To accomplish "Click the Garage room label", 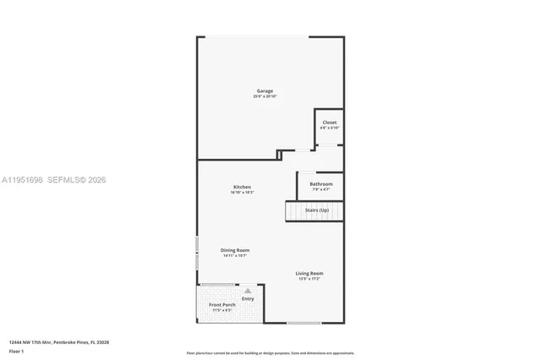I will (x=265, y=90).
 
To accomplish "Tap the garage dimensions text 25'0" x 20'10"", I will (x=265, y=96).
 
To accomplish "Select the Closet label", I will (x=330, y=123).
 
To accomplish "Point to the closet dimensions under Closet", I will (x=330, y=128).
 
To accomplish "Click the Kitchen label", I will (x=243, y=187).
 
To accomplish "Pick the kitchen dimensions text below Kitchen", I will (x=243, y=193).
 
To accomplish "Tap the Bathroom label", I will (x=321, y=183).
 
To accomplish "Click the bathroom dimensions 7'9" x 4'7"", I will (x=321, y=189).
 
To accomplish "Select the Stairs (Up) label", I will (x=318, y=210).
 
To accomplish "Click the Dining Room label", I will (x=235, y=250).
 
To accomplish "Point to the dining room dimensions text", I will (x=235, y=256).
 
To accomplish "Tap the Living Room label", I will (x=309, y=273).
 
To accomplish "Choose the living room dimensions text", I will (x=309, y=279).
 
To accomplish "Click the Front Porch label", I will (x=222, y=304).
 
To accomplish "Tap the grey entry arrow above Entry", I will (x=248, y=290).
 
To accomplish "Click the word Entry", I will (x=248, y=298).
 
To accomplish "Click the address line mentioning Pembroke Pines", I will (x=59, y=342).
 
